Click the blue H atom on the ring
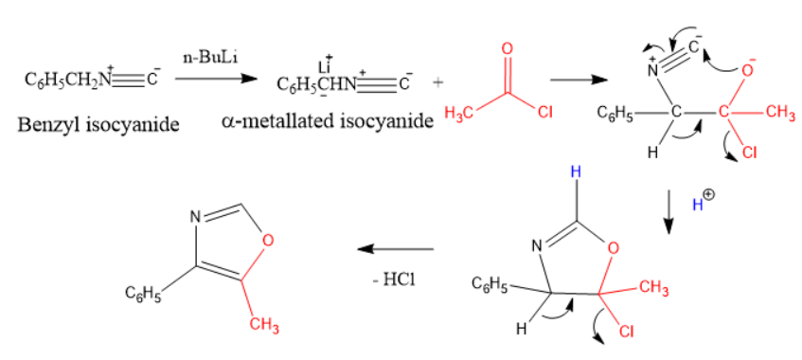click(574, 174)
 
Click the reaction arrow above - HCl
click(395, 249)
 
